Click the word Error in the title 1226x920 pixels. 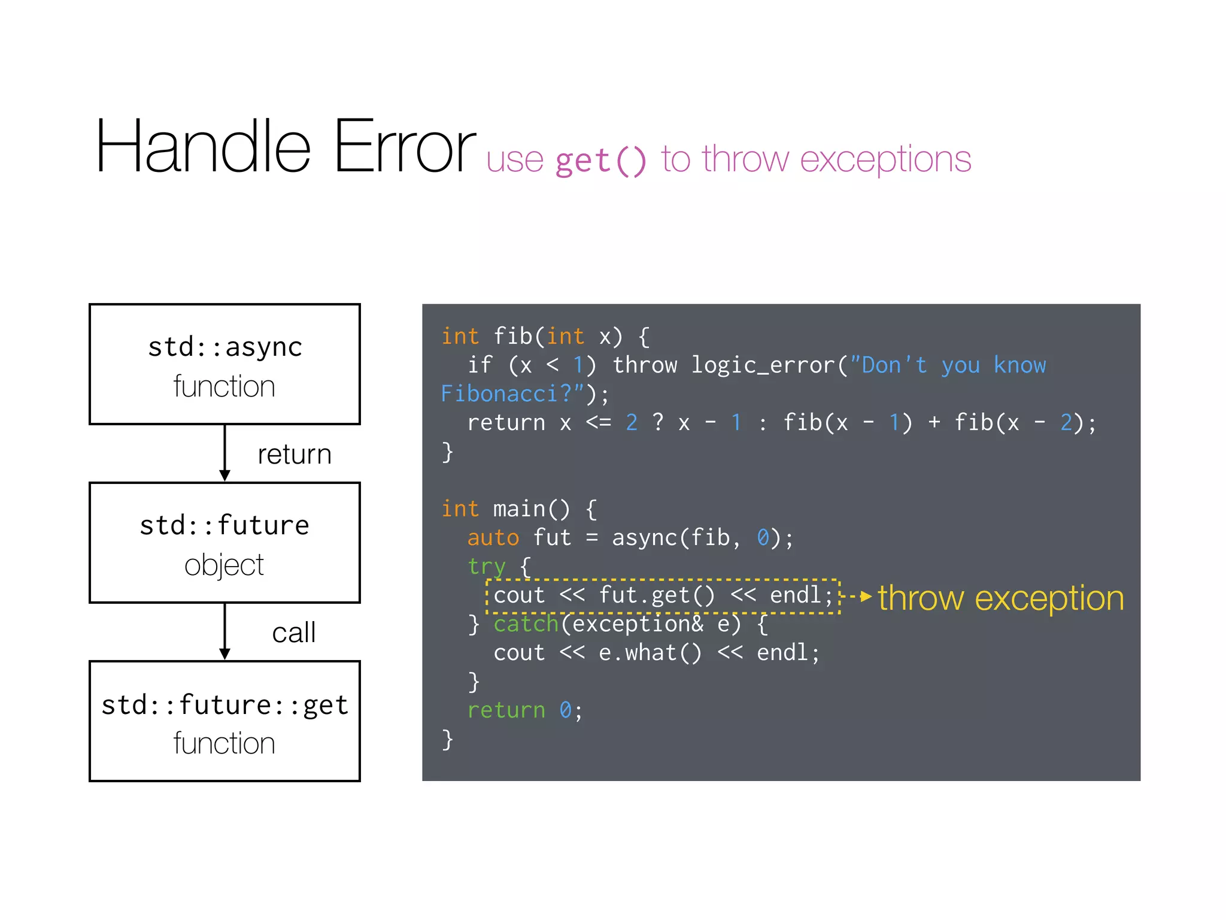point(404,147)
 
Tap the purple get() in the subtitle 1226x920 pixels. point(601,161)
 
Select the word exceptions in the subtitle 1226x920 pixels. point(885,160)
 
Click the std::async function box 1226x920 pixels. point(224,364)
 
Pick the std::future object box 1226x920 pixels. point(224,543)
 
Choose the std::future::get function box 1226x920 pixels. point(224,721)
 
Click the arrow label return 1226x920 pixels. point(294,455)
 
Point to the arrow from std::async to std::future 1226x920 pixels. point(224,453)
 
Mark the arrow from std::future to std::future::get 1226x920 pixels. point(224,631)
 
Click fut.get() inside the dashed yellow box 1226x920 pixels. point(657,595)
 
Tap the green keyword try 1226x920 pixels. point(486,567)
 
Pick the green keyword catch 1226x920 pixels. point(526,624)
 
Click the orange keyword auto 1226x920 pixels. point(493,538)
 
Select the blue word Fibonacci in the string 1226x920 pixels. point(499,394)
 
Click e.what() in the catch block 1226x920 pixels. point(650,653)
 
